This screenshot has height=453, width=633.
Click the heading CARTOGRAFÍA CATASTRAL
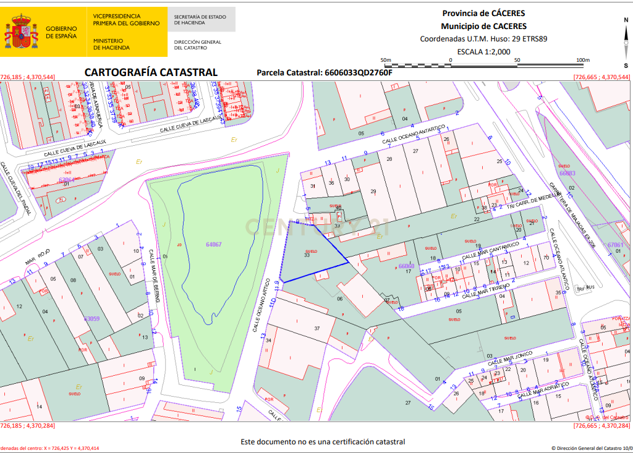pyautogui.click(x=151, y=72)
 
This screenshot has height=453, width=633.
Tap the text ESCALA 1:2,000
pyautogui.click(x=483, y=51)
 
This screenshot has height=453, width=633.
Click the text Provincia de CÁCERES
pyautogui.click(x=483, y=13)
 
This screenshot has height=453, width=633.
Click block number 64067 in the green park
pyautogui.click(x=213, y=245)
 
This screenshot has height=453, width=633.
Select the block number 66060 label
pyautogui.click(x=406, y=266)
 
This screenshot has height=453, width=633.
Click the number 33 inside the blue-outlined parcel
pyautogui.click(x=307, y=255)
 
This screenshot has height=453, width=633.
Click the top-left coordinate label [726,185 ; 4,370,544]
pyautogui.click(x=28, y=77)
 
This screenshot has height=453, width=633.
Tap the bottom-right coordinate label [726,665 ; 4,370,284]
pyautogui.click(x=601, y=426)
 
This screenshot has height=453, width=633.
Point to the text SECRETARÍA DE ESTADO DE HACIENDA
pyautogui.click(x=200, y=19)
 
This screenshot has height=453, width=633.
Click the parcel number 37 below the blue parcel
pyautogui.click(x=317, y=328)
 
